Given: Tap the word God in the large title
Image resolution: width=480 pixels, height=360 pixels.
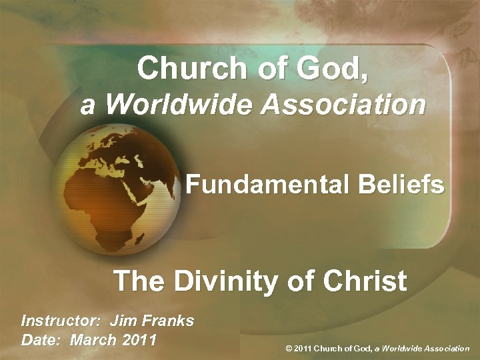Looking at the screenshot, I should coord(333,68).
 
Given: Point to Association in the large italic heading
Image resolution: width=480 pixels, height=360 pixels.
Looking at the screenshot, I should coord(345,105).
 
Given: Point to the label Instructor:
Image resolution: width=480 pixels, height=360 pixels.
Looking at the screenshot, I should coord(61,321).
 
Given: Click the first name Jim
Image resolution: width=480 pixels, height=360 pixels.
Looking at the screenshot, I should coord(123,321).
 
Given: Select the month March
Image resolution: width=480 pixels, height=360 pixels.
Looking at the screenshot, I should coord(93,339).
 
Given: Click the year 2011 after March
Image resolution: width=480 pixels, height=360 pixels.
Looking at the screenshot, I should coord(140,339).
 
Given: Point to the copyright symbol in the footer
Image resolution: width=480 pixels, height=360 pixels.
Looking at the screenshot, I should coord(289,348).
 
